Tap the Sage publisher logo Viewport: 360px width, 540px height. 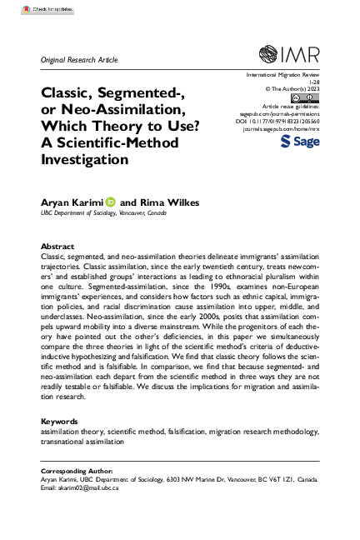click(x=297, y=142)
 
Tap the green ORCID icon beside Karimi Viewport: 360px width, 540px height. click(x=110, y=202)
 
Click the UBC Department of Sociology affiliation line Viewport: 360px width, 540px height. click(x=104, y=213)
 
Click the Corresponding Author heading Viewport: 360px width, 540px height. click(x=77, y=471)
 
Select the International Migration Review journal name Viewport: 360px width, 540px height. click(x=277, y=74)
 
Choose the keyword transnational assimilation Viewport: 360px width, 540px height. click(x=79, y=442)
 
